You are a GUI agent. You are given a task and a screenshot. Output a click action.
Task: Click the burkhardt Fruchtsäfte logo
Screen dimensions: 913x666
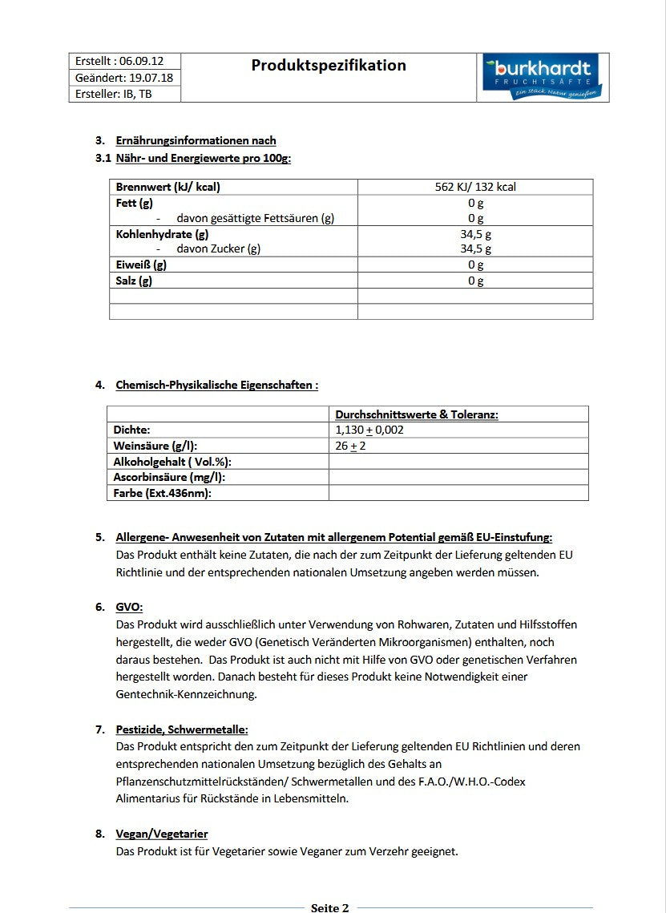542,78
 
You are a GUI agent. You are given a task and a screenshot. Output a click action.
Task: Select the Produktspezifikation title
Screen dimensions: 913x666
329,66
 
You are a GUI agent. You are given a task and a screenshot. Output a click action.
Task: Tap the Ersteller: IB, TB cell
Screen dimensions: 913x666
114,94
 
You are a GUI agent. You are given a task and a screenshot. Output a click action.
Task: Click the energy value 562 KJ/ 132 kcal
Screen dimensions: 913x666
475,187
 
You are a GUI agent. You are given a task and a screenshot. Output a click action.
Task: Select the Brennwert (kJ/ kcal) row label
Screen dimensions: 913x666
168,187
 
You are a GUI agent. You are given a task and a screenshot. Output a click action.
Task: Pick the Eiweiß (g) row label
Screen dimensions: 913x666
141,265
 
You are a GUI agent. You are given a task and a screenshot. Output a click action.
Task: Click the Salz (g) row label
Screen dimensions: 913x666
134,281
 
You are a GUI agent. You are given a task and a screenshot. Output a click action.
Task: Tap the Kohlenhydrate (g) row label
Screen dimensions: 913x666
162,234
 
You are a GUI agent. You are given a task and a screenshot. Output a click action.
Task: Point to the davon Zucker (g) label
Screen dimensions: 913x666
218,248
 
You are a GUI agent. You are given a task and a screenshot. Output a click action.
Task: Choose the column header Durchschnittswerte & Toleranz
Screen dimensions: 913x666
417,414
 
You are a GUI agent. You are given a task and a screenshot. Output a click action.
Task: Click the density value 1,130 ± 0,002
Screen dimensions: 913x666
369,430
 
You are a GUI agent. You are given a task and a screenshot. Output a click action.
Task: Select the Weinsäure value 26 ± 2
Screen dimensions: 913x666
351,446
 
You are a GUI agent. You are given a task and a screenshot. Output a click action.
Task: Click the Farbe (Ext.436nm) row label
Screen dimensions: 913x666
162,493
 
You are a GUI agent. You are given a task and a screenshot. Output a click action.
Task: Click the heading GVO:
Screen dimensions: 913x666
129,607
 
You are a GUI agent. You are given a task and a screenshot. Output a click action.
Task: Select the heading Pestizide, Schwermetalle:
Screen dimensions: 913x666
182,729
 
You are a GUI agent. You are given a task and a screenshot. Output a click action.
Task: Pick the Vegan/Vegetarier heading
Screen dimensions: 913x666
162,834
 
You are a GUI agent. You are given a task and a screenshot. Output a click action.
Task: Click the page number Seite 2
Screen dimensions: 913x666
329,907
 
